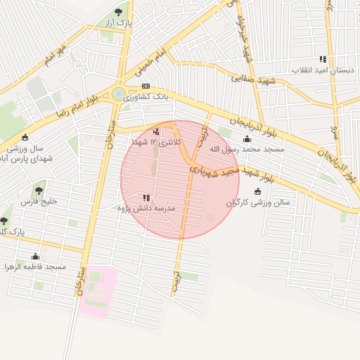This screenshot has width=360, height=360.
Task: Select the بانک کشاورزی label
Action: (x=147, y=98)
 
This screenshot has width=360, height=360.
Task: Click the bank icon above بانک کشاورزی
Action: (x=146, y=86)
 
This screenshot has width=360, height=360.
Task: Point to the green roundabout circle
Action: (x=118, y=94)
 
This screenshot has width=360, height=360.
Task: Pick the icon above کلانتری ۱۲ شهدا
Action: (x=156, y=131)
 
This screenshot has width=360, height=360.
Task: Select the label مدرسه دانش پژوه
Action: (x=148, y=209)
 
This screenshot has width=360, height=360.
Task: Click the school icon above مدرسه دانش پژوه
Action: (x=146, y=198)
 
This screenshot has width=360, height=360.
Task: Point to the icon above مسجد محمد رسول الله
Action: (x=246, y=138)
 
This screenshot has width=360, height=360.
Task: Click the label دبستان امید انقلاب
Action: (x=319, y=71)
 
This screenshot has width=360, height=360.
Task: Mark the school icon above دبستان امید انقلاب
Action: (x=322, y=60)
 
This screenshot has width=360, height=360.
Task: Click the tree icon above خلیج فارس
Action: (x=37, y=189)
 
